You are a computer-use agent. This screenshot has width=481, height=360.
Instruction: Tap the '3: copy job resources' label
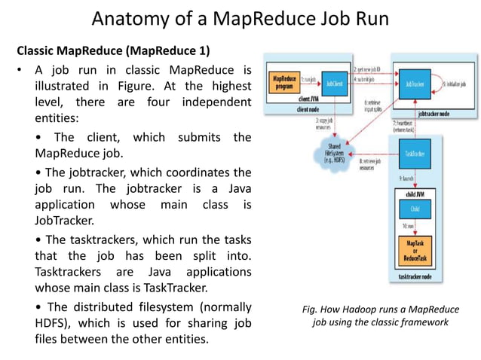[308, 123]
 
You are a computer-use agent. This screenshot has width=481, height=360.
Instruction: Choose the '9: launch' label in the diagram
[404, 179]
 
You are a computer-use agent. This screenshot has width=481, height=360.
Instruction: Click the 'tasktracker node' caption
[416, 278]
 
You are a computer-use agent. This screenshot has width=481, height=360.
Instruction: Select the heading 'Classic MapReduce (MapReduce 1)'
[113, 50]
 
